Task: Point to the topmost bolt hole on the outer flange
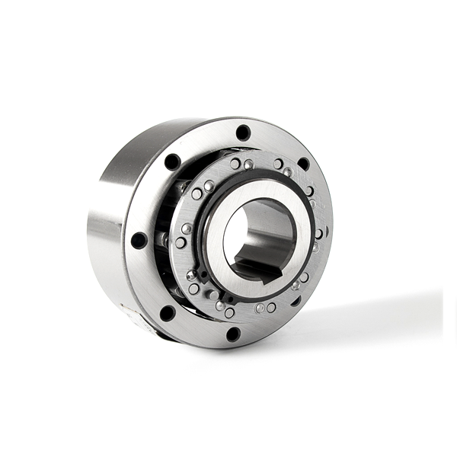coord(243,132)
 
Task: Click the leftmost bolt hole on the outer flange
coord(139,240)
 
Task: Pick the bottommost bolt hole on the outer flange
coord(233,334)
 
